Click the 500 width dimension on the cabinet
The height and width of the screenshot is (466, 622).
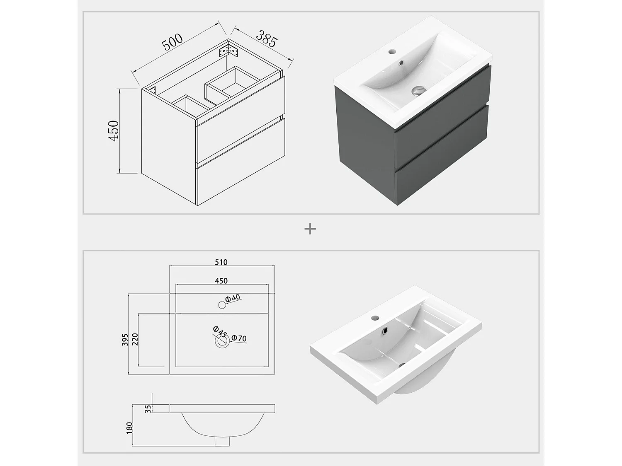172,42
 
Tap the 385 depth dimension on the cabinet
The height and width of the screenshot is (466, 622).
266,39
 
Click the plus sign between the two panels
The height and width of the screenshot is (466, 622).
310,229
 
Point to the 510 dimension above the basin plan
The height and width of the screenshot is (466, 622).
221,262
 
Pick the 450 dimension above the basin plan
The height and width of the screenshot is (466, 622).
221,281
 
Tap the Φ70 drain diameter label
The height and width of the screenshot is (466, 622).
239,338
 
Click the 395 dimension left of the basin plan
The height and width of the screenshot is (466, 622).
125,340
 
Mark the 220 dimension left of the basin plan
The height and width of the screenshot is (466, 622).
134,340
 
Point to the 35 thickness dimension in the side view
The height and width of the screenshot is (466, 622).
148,409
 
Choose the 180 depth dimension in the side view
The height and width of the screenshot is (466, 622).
129,428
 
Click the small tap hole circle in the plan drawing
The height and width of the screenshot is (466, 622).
222,305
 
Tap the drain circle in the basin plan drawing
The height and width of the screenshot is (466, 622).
222,341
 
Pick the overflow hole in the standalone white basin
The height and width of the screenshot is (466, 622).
386,330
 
